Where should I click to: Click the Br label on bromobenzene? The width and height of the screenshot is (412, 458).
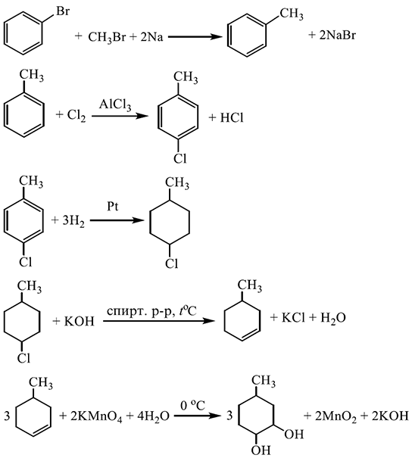coord(63,11)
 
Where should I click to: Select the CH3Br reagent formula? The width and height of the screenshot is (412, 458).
coord(106,37)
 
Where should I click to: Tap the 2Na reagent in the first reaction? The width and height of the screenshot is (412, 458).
coord(151,37)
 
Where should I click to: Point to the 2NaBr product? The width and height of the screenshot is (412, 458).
coord(338,36)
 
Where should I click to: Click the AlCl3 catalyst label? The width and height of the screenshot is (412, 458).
coord(115,105)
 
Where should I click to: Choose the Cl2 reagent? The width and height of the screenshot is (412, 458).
coord(76,115)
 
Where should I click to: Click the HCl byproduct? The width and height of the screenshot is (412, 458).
coord(232,117)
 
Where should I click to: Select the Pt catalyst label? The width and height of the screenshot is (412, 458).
coord(113,207)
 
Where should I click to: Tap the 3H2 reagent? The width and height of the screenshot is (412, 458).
coord(73,221)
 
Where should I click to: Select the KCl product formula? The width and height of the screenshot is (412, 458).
coord(293,317)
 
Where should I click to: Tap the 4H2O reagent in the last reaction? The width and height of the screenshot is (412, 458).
coord(154,416)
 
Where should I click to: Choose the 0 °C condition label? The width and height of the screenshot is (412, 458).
coord(193,406)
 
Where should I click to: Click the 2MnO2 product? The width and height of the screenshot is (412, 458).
coord(336,416)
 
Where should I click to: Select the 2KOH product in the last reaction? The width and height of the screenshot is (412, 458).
coord(390,416)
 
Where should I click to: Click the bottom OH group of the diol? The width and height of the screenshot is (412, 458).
coord(261,450)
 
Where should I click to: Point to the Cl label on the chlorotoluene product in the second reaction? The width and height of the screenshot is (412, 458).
coord(179,159)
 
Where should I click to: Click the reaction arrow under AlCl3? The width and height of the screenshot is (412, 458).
coord(120,117)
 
